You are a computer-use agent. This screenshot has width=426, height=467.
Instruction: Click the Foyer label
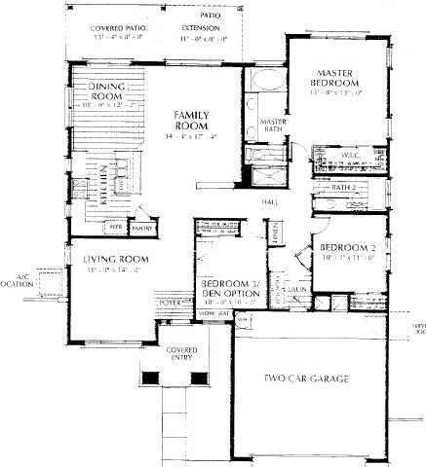tap(172, 303)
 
